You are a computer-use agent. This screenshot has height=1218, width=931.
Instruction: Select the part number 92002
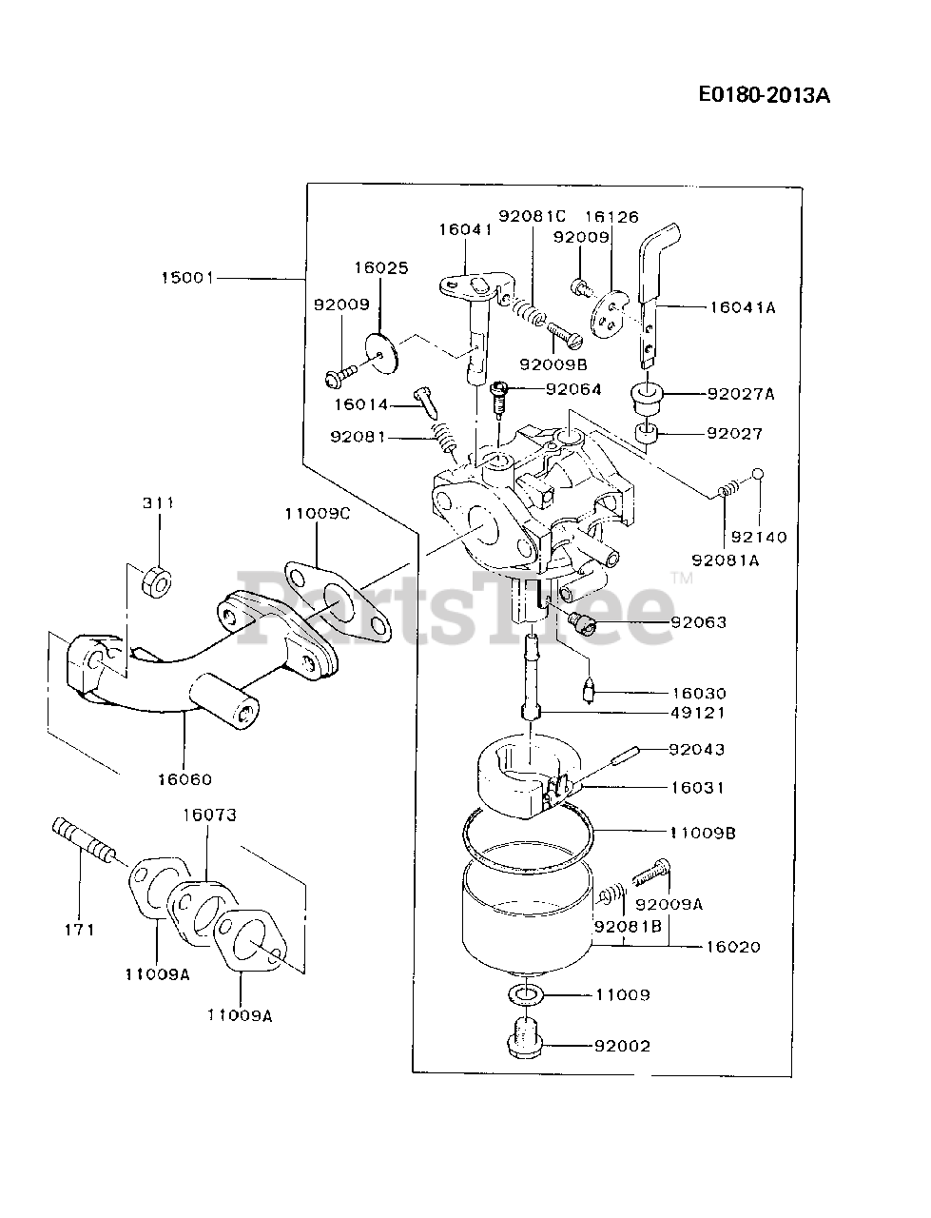(x=622, y=1046)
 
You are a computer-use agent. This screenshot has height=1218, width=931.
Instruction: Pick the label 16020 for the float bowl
(x=733, y=947)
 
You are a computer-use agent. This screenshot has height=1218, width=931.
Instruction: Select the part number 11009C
(x=318, y=514)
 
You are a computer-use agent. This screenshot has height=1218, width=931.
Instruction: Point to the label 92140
(x=760, y=537)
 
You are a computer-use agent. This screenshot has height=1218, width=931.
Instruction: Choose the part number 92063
(x=698, y=622)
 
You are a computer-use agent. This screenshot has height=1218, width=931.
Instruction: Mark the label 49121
(x=698, y=713)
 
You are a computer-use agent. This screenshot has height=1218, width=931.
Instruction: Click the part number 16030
(x=698, y=694)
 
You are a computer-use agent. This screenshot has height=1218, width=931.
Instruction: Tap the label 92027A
(x=740, y=393)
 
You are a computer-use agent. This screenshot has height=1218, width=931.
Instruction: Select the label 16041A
(x=742, y=307)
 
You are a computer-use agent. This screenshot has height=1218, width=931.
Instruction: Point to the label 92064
(x=573, y=389)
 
